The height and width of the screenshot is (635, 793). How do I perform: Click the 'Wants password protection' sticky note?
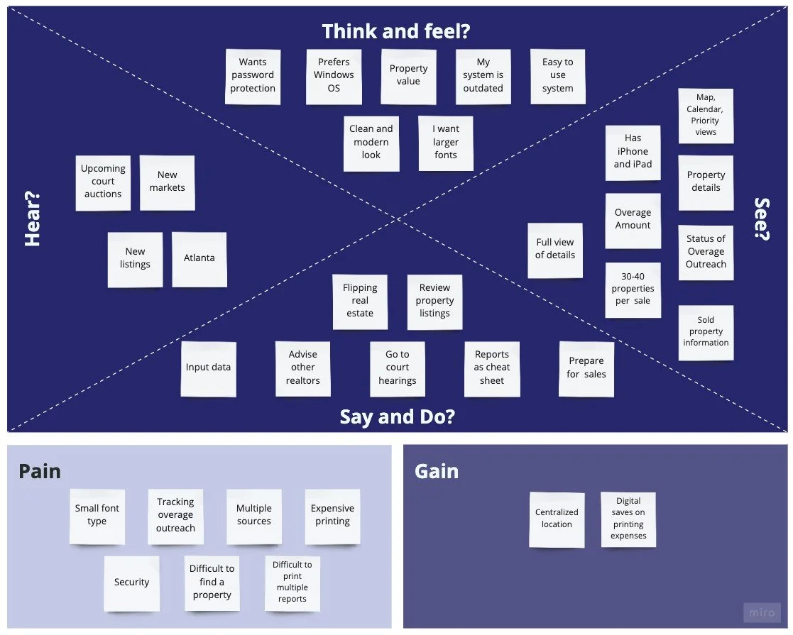[253, 76]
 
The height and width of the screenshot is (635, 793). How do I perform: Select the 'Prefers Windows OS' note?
[334, 76]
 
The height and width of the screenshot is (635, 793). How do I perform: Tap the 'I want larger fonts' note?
[446, 143]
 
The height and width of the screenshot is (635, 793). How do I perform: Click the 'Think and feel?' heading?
[396, 32]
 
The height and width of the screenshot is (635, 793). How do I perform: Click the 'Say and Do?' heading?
[397, 416]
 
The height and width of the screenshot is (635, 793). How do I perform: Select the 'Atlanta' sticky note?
[199, 259]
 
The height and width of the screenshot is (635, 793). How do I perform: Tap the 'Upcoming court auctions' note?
[103, 182]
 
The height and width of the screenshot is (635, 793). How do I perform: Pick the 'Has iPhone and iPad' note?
[633, 152]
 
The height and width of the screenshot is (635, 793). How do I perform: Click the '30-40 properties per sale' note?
[633, 289]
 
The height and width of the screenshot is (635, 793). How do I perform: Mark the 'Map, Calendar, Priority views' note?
[706, 116]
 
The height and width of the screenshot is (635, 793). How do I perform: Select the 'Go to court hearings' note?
[398, 368]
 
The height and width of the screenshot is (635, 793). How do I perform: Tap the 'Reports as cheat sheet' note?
[492, 368]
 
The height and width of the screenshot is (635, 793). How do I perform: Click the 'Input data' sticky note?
[208, 368]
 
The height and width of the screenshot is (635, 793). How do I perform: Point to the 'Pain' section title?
[40, 472]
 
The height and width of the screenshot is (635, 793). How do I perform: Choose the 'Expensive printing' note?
[332, 515]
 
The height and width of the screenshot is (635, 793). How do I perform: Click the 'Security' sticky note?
[132, 583]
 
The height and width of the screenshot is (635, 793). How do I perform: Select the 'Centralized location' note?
[557, 519]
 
